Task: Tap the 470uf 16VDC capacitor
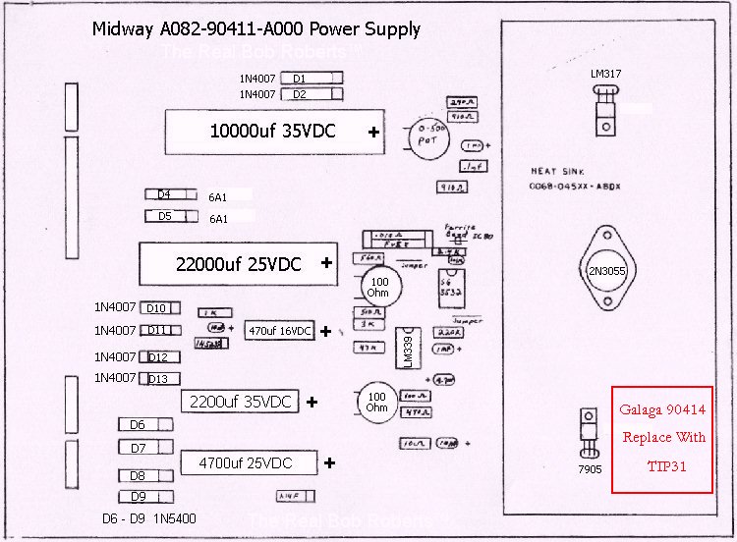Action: click(279, 331)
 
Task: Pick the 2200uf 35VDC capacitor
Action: click(241, 402)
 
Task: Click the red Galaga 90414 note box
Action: click(661, 438)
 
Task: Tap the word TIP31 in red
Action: click(664, 466)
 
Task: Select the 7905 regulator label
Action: click(589, 468)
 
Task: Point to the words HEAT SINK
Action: click(557, 171)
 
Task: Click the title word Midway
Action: click(124, 28)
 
